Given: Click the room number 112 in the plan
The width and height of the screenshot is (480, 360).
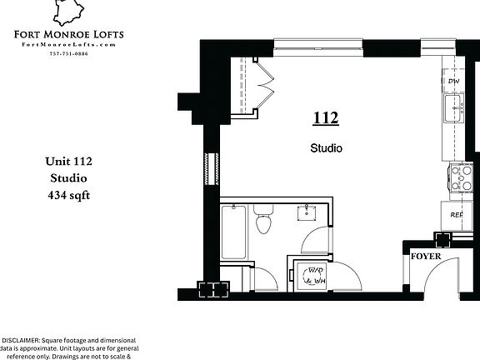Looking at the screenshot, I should coord(326,118).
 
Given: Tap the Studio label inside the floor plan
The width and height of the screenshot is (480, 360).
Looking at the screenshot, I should coord(326,148).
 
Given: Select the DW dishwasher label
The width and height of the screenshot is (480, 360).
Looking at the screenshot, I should coord(453,81).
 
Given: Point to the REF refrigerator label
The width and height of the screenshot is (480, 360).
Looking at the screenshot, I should coord(456,214).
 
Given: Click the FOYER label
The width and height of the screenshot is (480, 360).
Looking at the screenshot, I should coord(426,256).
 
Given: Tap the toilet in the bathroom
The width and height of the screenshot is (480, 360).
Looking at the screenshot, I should coord(264,222).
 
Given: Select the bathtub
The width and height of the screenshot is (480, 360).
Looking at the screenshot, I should coord(232,233).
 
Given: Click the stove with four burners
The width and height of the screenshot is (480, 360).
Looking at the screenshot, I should coord(460,177).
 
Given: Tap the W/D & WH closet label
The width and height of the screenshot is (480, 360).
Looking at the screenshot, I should coord(315,277).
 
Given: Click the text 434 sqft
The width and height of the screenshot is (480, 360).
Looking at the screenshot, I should coord(67,196).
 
